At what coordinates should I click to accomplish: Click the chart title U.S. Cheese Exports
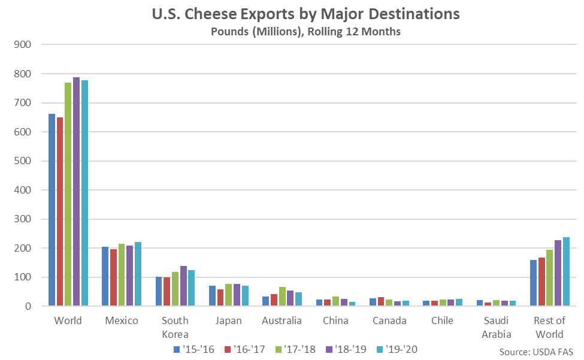coord(292,14)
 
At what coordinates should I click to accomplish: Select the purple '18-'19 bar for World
coord(76,192)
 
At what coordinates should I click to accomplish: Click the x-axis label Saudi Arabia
coord(496,327)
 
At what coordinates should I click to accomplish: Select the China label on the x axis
coord(335,321)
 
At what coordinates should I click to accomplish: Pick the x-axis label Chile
coord(443,321)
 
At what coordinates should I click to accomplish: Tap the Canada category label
coord(389,321)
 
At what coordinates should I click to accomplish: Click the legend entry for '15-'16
coord(193,349)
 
